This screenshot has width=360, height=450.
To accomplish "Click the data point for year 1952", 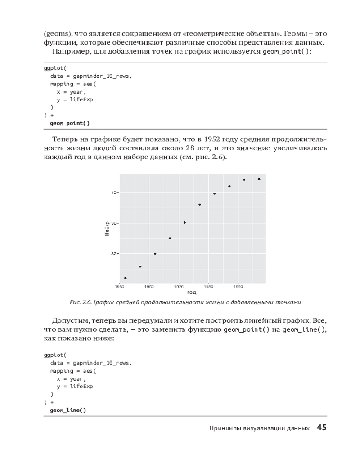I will [125, 278].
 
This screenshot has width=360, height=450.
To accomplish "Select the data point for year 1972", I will [184, 222].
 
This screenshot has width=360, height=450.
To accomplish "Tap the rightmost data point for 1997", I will [259, 179].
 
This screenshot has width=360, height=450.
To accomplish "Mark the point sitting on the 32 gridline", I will [155, 254].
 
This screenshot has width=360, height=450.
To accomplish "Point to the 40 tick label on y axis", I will [114, 193].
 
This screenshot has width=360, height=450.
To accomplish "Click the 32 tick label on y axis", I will [114, 254].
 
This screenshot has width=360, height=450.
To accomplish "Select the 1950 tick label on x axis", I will [119, 286].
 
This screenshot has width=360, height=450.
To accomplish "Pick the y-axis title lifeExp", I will [107, 229].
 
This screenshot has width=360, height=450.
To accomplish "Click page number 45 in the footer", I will [321, 427].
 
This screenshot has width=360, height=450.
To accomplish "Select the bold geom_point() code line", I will [70, 123].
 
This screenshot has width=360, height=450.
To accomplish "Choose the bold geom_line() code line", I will [68, 410].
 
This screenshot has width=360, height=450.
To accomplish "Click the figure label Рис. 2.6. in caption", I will [81, 302].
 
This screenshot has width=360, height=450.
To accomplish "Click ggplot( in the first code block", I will [55, 69].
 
